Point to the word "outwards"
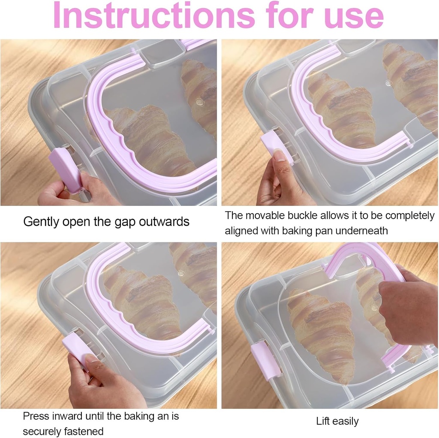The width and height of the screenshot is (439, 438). click(165, 222)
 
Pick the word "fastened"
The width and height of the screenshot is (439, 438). click(85, 431)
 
